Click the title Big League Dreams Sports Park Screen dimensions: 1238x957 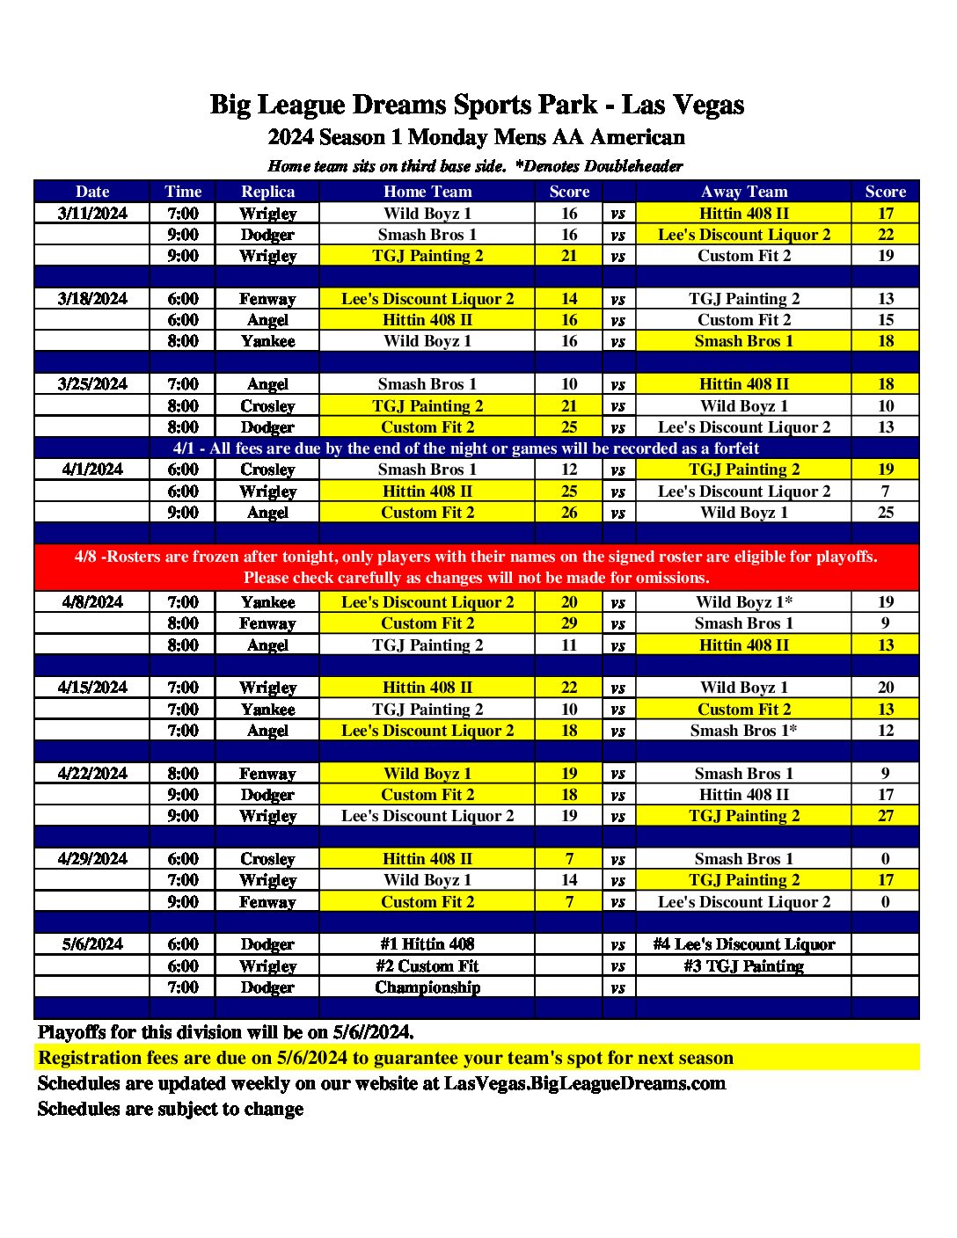[x=477, y=106]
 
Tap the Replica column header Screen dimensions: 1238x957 [x=267, y=192]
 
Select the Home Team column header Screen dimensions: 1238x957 [x=427, y=192]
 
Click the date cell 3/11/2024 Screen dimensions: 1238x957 [x=92, y=214]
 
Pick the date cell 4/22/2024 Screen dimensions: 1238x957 [x=92, y=774]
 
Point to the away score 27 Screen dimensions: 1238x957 [x=885, y=816]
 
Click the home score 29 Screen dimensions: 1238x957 [x=569, y=623]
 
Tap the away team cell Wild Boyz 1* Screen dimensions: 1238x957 [x=743, y=602]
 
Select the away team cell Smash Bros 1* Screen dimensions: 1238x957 [x=743, y=731]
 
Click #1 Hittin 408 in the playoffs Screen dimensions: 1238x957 [x=427, y=944]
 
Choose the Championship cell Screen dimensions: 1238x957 [x=427, y=987]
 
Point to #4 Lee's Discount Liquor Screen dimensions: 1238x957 [x=743, y=944]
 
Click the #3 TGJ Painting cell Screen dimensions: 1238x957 [x=743, y=966]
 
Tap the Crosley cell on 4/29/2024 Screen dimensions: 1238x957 [x=267, y=859]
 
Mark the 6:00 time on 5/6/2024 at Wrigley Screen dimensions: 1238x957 [x=183, y=966]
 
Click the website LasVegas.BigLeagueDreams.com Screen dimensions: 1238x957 [x=585, y=1083]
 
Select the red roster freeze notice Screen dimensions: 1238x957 [x=476, y=567]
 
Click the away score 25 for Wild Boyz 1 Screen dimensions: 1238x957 [x=885, y=513]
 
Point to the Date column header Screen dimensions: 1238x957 [x=92, y=192]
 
